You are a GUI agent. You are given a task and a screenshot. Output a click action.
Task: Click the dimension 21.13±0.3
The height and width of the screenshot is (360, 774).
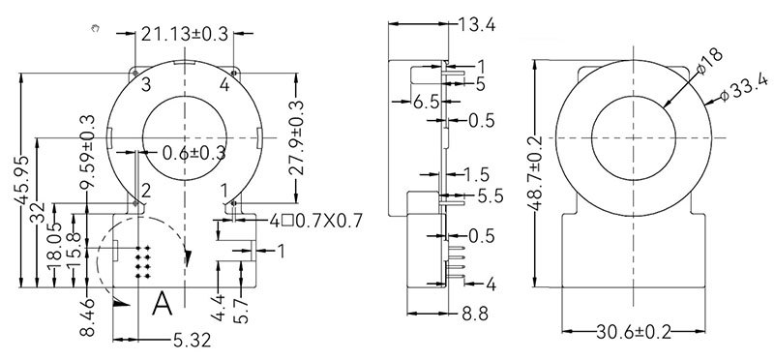click(184, 35)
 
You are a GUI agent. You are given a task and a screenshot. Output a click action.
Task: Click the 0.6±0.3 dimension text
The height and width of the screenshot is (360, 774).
click(194, 152)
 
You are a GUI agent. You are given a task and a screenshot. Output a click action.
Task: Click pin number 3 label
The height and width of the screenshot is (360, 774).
click(145, 84)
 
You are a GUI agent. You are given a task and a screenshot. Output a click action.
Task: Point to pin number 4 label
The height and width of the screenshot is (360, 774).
click(224, 84)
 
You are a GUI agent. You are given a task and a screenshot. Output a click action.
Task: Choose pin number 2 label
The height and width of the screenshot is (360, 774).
click(146, 190)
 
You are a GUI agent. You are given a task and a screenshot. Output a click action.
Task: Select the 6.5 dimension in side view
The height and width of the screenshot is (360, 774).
click(426, 102)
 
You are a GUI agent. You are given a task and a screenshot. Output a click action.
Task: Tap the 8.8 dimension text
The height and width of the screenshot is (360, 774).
click(475, 314)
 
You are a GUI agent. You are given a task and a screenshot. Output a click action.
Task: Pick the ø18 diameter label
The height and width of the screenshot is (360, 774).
click(705, 62)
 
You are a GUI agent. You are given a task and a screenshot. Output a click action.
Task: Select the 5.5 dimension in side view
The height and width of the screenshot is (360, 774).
click(490, 195)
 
